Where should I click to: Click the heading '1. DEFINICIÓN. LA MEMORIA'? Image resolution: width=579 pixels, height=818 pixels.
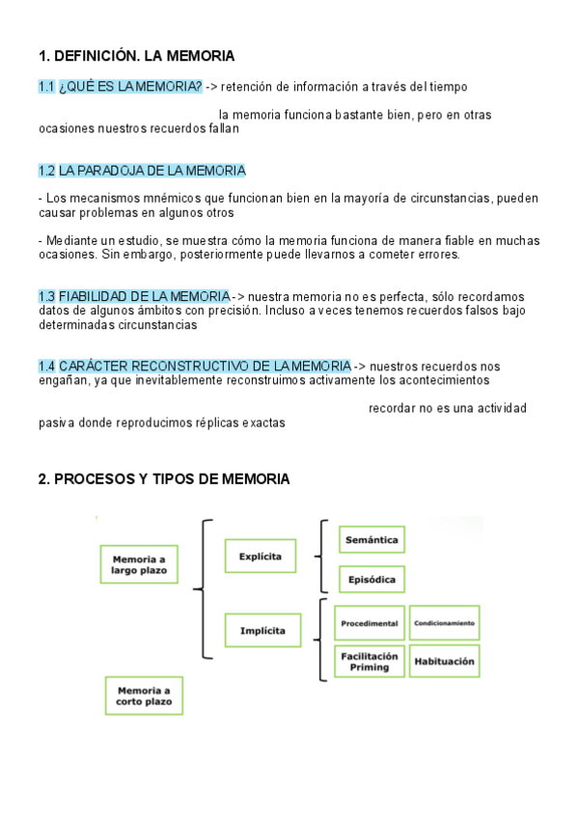[136, 56]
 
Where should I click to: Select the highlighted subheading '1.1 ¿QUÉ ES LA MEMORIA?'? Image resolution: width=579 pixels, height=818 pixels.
[121, 88]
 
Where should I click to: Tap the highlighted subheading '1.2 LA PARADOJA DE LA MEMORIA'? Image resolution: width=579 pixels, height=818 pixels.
[142, 171]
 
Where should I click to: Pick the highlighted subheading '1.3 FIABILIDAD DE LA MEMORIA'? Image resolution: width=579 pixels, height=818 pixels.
[134, 296]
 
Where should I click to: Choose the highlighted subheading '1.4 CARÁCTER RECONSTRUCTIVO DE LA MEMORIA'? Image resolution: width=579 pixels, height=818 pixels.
[195, 367]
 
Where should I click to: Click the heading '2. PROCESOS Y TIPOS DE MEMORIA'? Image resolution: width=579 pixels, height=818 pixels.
[164, 478]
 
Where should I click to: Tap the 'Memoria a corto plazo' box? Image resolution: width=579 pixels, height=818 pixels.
[143, 695]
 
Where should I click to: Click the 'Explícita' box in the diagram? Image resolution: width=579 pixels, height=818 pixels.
[261, 557]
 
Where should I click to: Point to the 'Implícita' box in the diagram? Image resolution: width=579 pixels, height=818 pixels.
[262, 630]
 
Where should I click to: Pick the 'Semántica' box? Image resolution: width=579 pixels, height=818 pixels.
[372, 540]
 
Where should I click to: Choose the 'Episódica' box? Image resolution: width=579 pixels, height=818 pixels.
[372, 579]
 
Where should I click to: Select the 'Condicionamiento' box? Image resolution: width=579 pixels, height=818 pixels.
[444, 623]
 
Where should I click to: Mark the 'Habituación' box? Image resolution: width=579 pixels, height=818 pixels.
[444, 662]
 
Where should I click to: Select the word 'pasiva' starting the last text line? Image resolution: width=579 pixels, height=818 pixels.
[55, 423]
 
